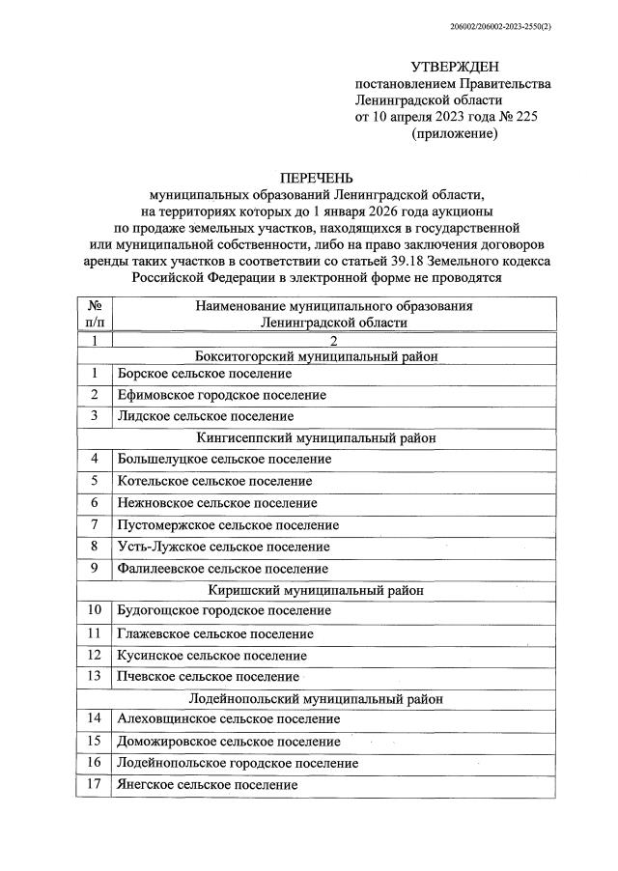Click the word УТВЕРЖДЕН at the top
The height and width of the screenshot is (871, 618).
tap(454, 67)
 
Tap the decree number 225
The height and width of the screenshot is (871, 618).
tap(525, 117)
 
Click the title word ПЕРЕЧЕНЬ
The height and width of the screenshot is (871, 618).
tap(316, 178)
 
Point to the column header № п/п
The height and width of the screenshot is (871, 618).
tap(95, 314)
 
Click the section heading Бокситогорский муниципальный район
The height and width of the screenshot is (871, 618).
tap(317, 356)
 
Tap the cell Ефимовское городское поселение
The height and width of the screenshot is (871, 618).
tap(221, 395)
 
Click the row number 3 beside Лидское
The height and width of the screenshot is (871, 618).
tap(95, 416)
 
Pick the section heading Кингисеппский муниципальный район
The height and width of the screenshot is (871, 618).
tap(317, 437)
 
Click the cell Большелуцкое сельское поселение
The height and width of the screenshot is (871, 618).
tap(224, 459)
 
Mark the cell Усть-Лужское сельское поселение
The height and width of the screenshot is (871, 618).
tap(223, 547)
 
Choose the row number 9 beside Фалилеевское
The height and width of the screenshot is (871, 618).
tap(95, 569)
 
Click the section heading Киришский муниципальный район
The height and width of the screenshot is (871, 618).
tap(317, 589)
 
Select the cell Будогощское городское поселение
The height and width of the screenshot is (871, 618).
tap(223, 611)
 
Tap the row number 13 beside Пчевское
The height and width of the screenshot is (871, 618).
tap(95, 677)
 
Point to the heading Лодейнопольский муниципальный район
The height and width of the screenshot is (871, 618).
tap(317, 698)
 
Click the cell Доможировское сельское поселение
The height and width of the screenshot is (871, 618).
tap(228, 742)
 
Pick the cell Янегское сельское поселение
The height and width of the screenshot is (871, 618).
tap(207, 785)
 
